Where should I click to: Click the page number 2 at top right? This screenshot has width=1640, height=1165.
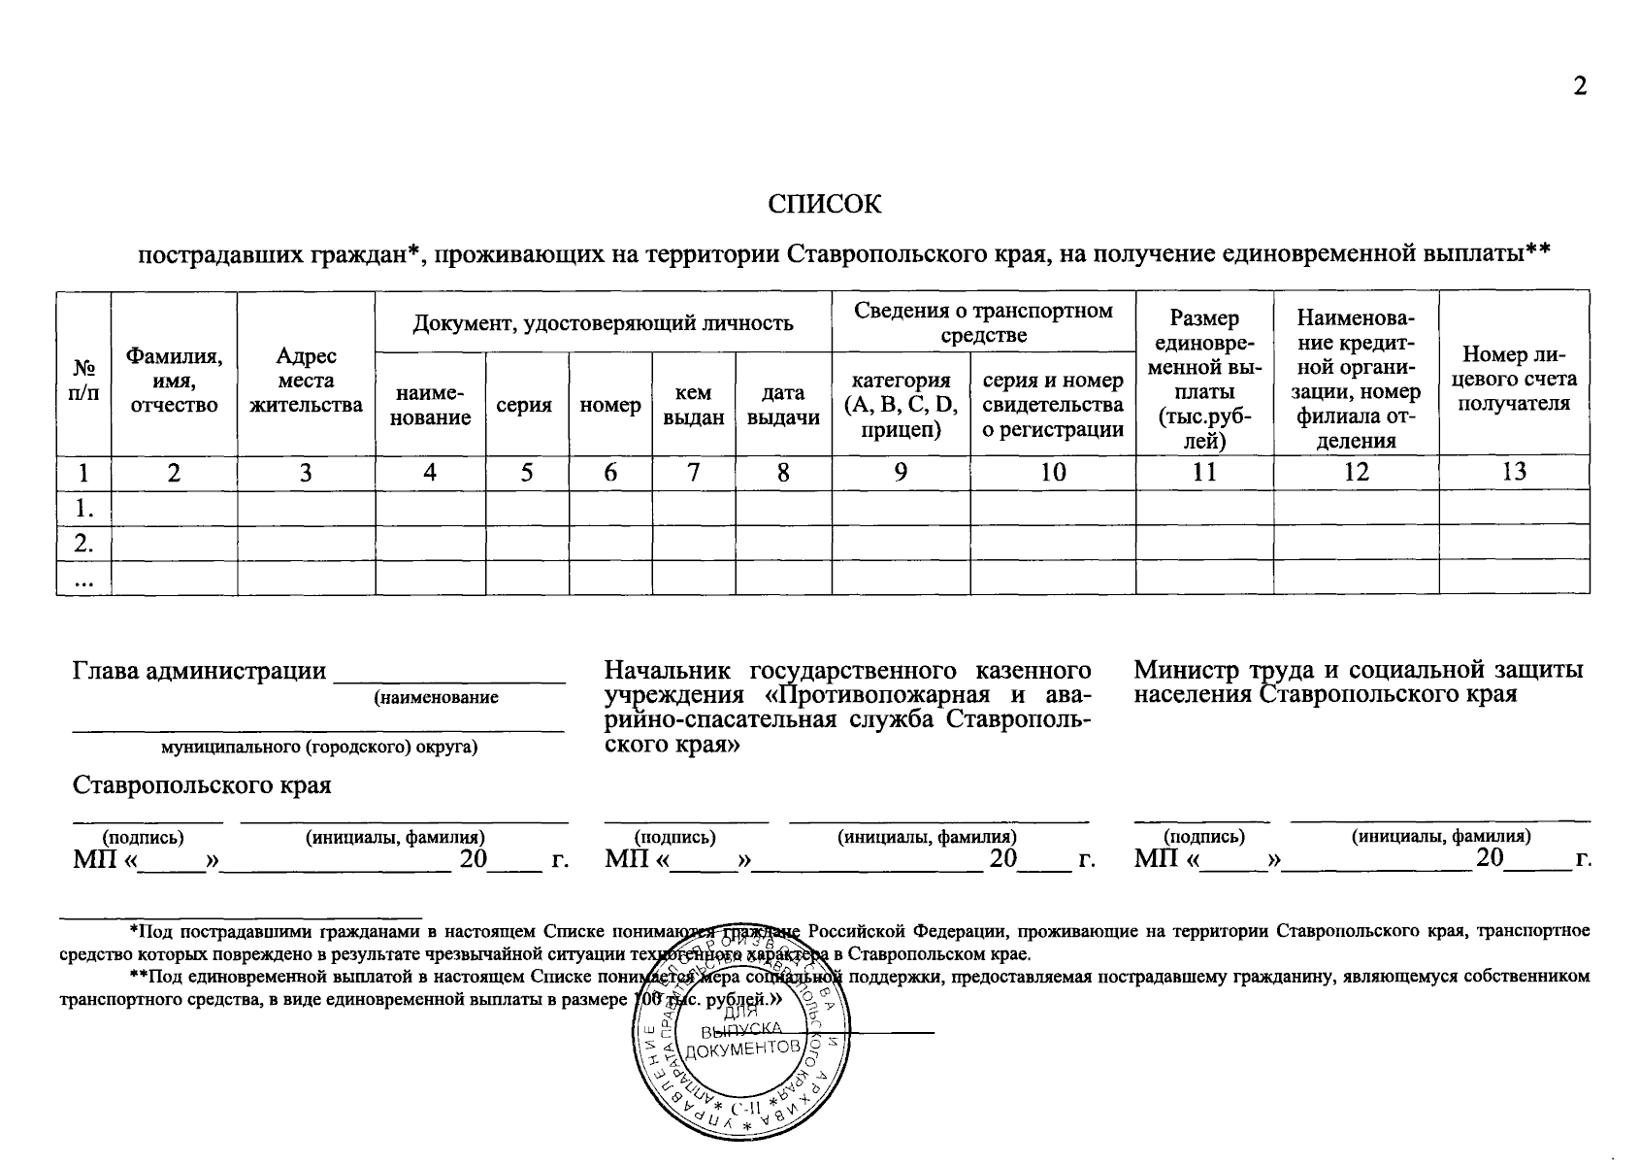pos(1580,86)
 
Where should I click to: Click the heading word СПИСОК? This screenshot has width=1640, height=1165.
pos(825,205)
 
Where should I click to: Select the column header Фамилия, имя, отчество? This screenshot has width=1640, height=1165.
pos(174,381)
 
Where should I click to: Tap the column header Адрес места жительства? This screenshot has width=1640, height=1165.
pos(306,381)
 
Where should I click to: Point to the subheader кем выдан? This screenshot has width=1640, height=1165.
pos(693,405)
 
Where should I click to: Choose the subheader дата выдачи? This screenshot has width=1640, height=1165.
pos(782,405)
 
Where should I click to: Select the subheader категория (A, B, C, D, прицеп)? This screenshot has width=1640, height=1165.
pos(901,405)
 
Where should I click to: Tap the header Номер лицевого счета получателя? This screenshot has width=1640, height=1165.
pos(1513,379)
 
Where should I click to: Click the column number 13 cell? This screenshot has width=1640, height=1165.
pos(1513,472)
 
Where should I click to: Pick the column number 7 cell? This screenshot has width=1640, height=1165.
pos(693,472)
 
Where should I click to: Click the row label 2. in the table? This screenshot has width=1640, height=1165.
pos(84,543)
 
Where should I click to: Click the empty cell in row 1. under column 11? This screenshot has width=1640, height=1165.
pos(1203,507)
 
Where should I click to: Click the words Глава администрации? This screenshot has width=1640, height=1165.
pos(199,671)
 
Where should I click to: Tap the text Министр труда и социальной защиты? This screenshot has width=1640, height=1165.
pos(1359,671)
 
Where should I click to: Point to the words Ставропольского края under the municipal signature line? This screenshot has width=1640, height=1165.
pos(202,784)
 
